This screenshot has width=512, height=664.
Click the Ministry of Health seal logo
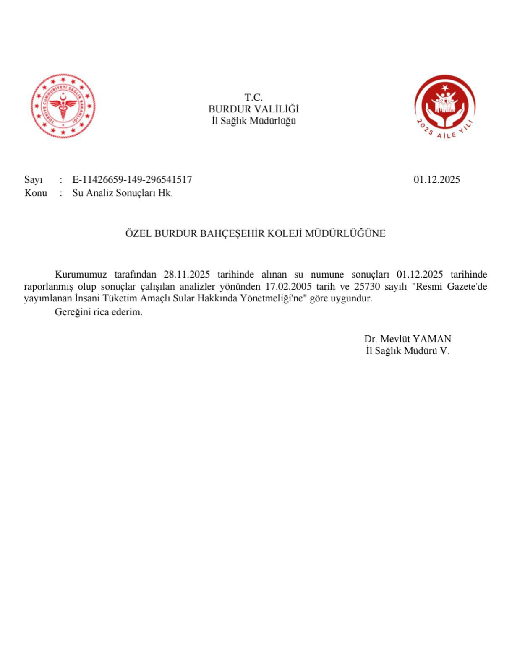[x=63, y=106]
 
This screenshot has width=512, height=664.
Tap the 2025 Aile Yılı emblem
[x=445, y=107]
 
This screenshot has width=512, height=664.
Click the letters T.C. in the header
[x=253, y=98]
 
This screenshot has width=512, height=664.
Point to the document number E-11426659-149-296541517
[x=132, y=180]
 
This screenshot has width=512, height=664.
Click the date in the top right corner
[x=436, y=180]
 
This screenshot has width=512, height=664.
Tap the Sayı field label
[x=34, y=180]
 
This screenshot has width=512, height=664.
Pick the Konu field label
[x=36, y=193]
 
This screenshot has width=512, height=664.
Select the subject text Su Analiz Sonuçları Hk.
[x=122, y=193]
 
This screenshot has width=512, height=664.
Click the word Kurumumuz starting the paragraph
[x=81, y=275]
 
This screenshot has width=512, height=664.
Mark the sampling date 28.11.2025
[x=187, y=275]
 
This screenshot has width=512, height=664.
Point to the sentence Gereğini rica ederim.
[x=99, y=312]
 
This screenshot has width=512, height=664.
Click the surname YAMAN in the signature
[x=432, y=339]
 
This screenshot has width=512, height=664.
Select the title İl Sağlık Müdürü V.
[x=407, y=351]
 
